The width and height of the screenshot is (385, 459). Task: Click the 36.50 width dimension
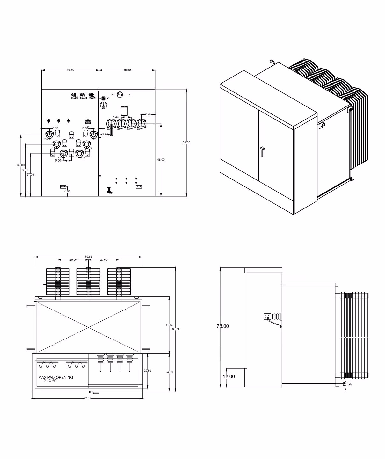click(70, 70)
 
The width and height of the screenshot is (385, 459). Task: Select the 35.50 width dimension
click(127, 70)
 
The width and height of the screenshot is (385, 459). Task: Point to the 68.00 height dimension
click(186, 142)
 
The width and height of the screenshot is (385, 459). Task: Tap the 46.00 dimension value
click(161, 159)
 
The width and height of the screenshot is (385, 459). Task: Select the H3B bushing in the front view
click(79, 153)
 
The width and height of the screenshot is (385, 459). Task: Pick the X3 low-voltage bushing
click(141, 123)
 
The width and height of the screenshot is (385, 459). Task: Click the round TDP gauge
click(103, 105)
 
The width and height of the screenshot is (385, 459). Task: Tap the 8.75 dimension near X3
click(148, 114)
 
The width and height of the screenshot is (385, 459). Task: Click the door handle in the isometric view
click(262, 150)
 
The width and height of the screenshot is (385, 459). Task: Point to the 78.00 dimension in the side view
click(223, 326)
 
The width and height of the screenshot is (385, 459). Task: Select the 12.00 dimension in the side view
click(229, 376)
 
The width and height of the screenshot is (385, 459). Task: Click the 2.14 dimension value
click(347, 384)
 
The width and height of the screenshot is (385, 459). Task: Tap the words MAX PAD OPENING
click(56, 377)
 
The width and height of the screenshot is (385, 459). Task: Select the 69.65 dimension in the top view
click(88, 257)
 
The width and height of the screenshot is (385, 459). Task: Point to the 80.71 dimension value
click(176, 329)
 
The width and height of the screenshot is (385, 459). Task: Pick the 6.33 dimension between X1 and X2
click(115, 117)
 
